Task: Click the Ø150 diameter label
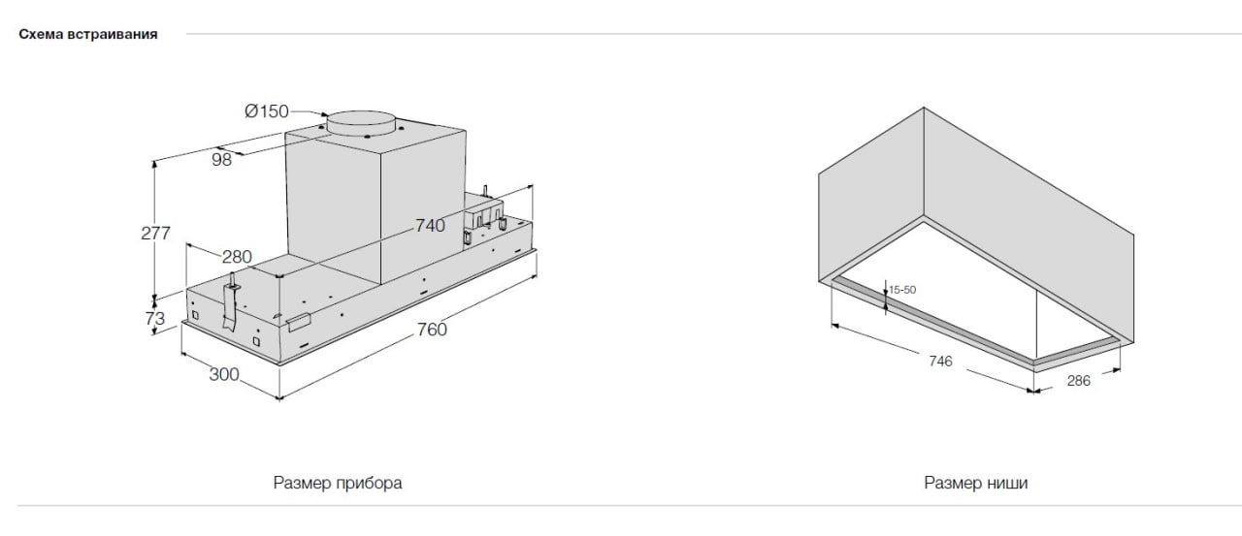pos(267,111)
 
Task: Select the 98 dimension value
pos(221,160)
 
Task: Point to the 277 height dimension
pos(155,234)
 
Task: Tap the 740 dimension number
pos(430,226)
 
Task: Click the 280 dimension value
pos(237,257)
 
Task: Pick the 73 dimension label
pos(154,318)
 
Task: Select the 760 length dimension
pos(432,330)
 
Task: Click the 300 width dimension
pos(224,374)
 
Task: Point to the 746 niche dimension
pos(940,361)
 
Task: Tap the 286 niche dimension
pos(1078,380)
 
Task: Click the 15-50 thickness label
pos(902,290)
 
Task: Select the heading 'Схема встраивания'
pos(88,34)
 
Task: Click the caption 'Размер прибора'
pos(338,483)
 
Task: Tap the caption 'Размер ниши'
pos(976,483)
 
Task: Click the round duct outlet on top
pos(361,122)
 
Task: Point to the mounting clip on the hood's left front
pos(231,301)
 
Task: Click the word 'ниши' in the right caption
pos(1007,483)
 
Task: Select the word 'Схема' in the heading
pos(41,34)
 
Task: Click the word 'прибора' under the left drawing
pos(371,484)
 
